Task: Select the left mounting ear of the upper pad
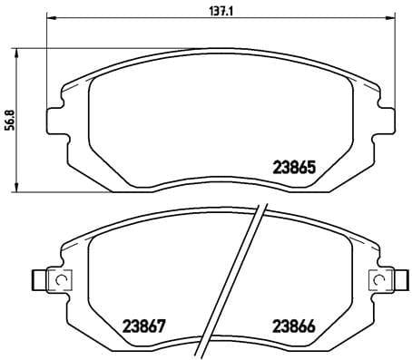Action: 56,120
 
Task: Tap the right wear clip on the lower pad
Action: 382,280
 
